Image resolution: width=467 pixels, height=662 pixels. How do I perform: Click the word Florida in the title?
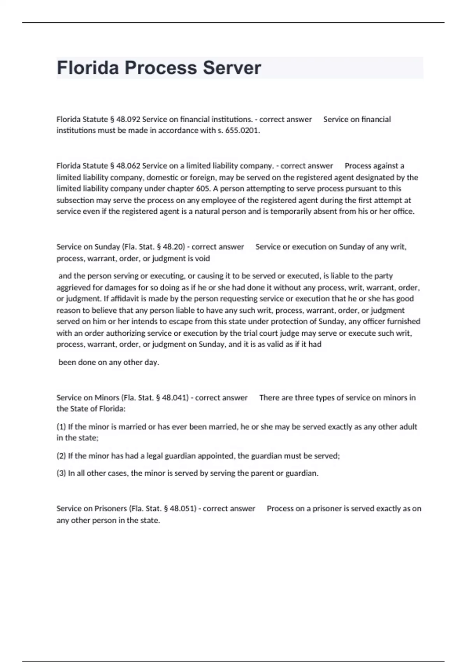tap(88, 68)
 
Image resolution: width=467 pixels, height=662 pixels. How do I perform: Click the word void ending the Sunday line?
tap(202, 259)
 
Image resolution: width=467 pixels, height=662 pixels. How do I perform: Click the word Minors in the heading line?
tap(107, 398)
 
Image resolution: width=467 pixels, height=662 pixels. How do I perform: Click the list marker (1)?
tap(61, 427)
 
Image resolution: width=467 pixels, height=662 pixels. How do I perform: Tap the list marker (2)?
tap(61, 456)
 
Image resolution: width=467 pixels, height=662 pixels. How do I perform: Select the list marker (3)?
tap(61, 474)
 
